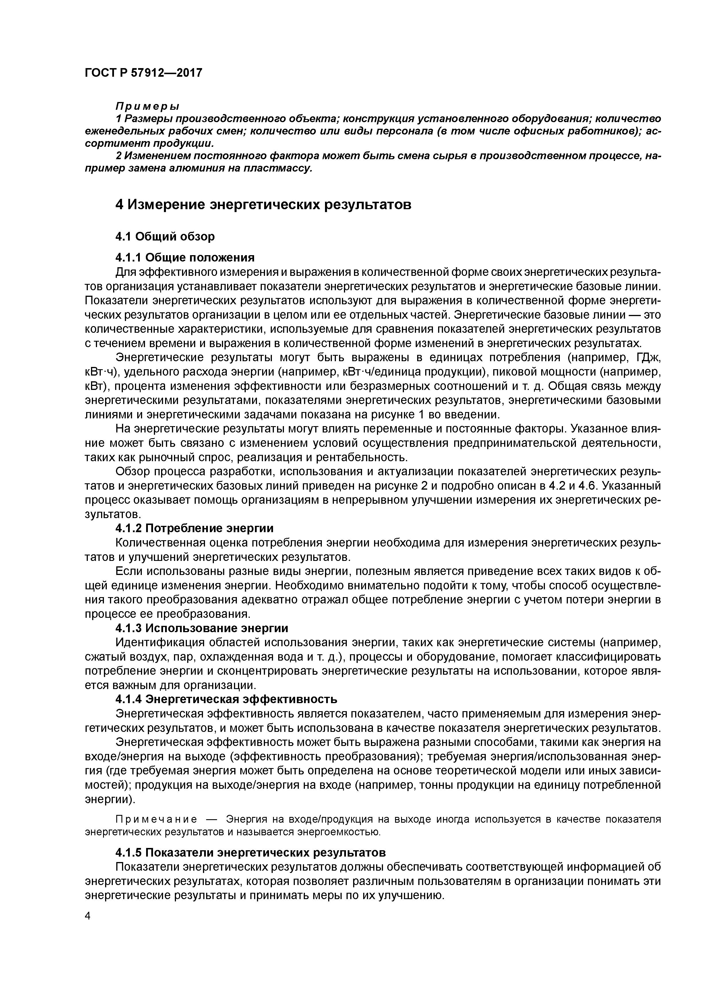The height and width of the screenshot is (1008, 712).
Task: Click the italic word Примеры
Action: [147, 106]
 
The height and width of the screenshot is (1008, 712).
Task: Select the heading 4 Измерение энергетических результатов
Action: [263, 205]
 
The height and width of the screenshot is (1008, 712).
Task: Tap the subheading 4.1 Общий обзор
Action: [165, 237]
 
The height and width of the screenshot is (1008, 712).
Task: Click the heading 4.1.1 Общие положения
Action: [185, 257]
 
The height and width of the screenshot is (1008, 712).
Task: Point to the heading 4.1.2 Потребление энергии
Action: [194, 528]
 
